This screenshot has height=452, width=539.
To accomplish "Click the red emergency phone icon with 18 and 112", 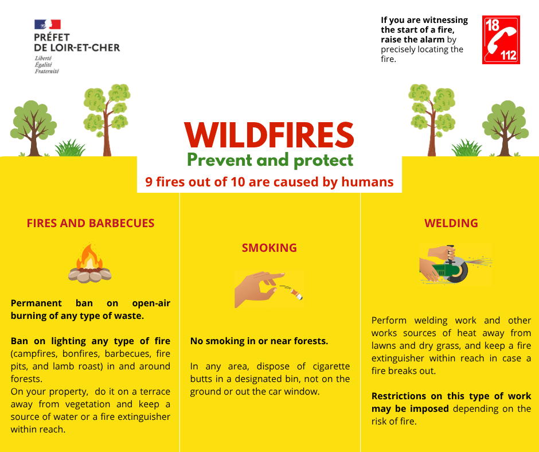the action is coord(501,40).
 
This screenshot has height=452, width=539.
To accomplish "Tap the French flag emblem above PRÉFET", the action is coord(48,25).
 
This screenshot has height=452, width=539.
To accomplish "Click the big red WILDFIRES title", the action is coord(269,135).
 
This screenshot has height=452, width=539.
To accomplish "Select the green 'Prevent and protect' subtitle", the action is coord(270,160).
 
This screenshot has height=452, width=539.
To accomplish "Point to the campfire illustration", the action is coord(89,263).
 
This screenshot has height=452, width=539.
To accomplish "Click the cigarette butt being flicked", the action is coord(296,294).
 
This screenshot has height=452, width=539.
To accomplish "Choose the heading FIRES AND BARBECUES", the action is coord(91,223).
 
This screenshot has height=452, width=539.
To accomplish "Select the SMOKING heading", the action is coord(269,248).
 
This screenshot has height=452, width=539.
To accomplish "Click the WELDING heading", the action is coord(451,223).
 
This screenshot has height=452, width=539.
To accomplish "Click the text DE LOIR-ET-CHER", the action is coord(77,48).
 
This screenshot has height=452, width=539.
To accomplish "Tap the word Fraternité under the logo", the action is coord(47,71).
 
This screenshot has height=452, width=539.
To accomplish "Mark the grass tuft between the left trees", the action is coord(71,148).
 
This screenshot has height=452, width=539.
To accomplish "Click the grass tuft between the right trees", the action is coord(467,148).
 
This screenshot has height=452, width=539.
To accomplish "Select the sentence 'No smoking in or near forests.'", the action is coord(259,341).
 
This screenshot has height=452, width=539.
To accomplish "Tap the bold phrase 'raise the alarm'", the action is coord(412,40).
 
